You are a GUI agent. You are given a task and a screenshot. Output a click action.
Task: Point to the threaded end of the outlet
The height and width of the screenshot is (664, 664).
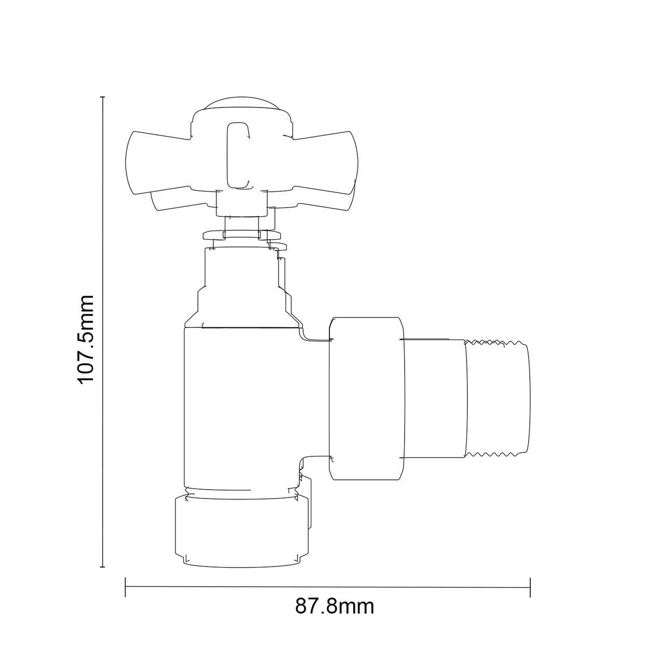[x=498, y=398]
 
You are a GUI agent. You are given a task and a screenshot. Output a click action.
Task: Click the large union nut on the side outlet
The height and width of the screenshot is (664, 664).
[x=366, y=398]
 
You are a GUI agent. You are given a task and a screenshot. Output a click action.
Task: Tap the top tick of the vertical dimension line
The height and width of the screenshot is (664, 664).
[x=103, y=97]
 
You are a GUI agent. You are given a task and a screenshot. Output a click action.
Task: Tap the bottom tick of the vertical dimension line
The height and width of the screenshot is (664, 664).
[x=103, y=567]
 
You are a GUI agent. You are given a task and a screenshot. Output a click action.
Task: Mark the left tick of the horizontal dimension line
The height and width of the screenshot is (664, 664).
[x=126, y=587]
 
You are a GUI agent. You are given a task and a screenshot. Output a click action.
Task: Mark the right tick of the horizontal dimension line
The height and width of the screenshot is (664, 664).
[x=530, y=588]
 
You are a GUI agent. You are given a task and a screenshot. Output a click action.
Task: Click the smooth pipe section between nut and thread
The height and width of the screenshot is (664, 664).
[x=435, y=398]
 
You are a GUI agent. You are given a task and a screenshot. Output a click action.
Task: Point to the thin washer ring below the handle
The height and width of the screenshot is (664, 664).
[x=241, y=234]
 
